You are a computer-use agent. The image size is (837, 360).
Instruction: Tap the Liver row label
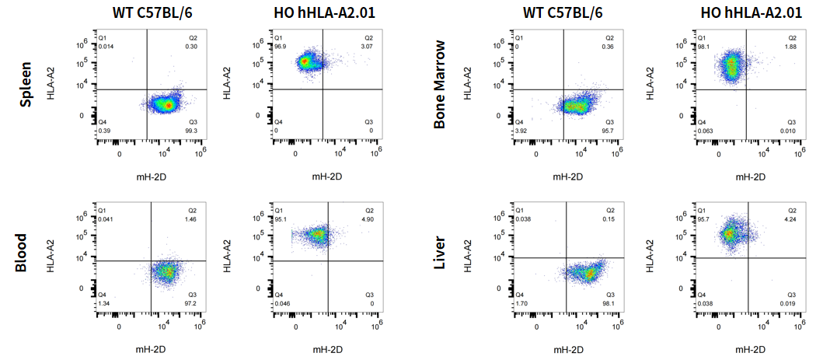tap(439, 253)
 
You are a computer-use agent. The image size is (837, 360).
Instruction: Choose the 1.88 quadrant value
tap(792, 47)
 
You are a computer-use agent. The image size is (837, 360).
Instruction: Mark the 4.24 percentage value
tap(792, 218)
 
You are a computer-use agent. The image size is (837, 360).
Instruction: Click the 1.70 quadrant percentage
tap(521, 303)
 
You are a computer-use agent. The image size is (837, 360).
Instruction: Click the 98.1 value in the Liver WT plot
tap(609, 303)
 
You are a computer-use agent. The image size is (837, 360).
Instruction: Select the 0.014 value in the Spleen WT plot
tap(106, 47)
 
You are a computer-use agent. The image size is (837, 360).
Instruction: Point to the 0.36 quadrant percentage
tap(609, 47)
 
